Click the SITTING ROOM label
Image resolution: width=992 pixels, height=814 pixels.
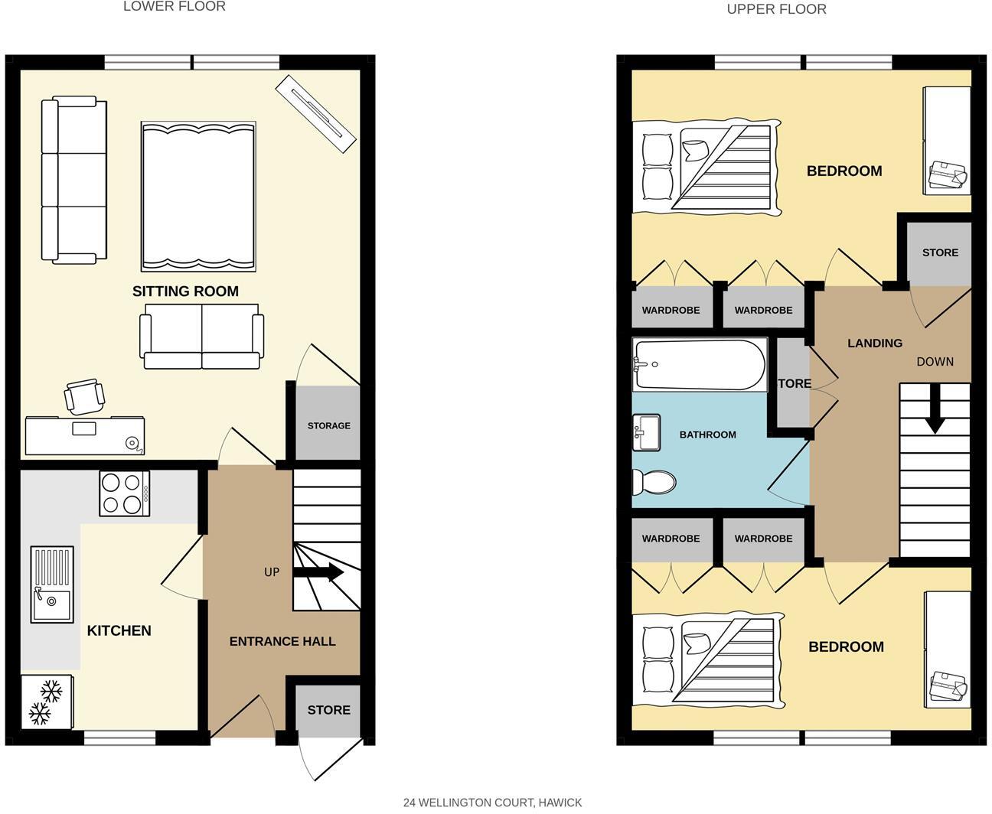[185, 291]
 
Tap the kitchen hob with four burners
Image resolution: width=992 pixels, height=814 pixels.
[124, 493]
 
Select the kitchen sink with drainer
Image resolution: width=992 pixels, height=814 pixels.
[52, 584]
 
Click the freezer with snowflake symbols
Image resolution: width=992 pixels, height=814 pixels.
[46, 702]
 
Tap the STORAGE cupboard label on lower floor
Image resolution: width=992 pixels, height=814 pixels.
[328, 425]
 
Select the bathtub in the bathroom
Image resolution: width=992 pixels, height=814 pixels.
[699, 365]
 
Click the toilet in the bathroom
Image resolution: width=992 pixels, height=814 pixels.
[653, 483]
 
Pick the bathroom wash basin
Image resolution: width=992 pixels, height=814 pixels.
[646, 433]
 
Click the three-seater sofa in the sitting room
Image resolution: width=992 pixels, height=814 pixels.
[73, 180]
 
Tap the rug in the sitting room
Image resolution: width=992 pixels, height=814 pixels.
[198, 196]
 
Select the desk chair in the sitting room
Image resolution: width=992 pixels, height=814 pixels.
[83, 396]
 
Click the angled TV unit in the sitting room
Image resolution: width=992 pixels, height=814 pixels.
[317, 112]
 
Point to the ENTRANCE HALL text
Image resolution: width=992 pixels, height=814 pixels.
[282, 642]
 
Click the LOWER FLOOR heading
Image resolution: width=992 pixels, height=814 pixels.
[175, 7]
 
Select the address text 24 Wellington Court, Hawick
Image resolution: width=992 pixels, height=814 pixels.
[492, 803]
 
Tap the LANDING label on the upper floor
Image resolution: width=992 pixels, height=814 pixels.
[874, 344]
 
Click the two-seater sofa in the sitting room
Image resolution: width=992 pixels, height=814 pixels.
[201, 337]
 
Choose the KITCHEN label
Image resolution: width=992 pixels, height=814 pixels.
[119, 631]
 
